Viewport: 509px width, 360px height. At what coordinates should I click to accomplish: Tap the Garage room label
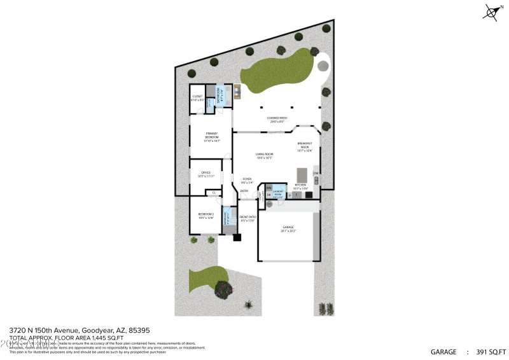coord(288,228)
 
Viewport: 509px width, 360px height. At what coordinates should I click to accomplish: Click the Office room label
coord(206,174)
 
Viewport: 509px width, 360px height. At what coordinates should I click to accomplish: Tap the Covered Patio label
coord(277,119)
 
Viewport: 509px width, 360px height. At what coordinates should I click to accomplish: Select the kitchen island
coord(302,174)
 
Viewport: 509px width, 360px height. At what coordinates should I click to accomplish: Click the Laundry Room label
coord(278,193)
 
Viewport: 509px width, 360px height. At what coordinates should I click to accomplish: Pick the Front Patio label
coord(247,219)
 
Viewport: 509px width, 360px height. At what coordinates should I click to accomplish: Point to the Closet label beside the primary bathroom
coord(197,98)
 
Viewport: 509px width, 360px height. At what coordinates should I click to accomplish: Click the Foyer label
coord(247,181)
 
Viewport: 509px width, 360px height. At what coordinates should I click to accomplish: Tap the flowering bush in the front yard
coord(223,289)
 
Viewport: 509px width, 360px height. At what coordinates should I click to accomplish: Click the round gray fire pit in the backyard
coord(323,66)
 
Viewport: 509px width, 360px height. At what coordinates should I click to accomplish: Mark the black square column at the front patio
coord(237,238)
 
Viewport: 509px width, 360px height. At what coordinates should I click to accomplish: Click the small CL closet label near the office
coord(214,192)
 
